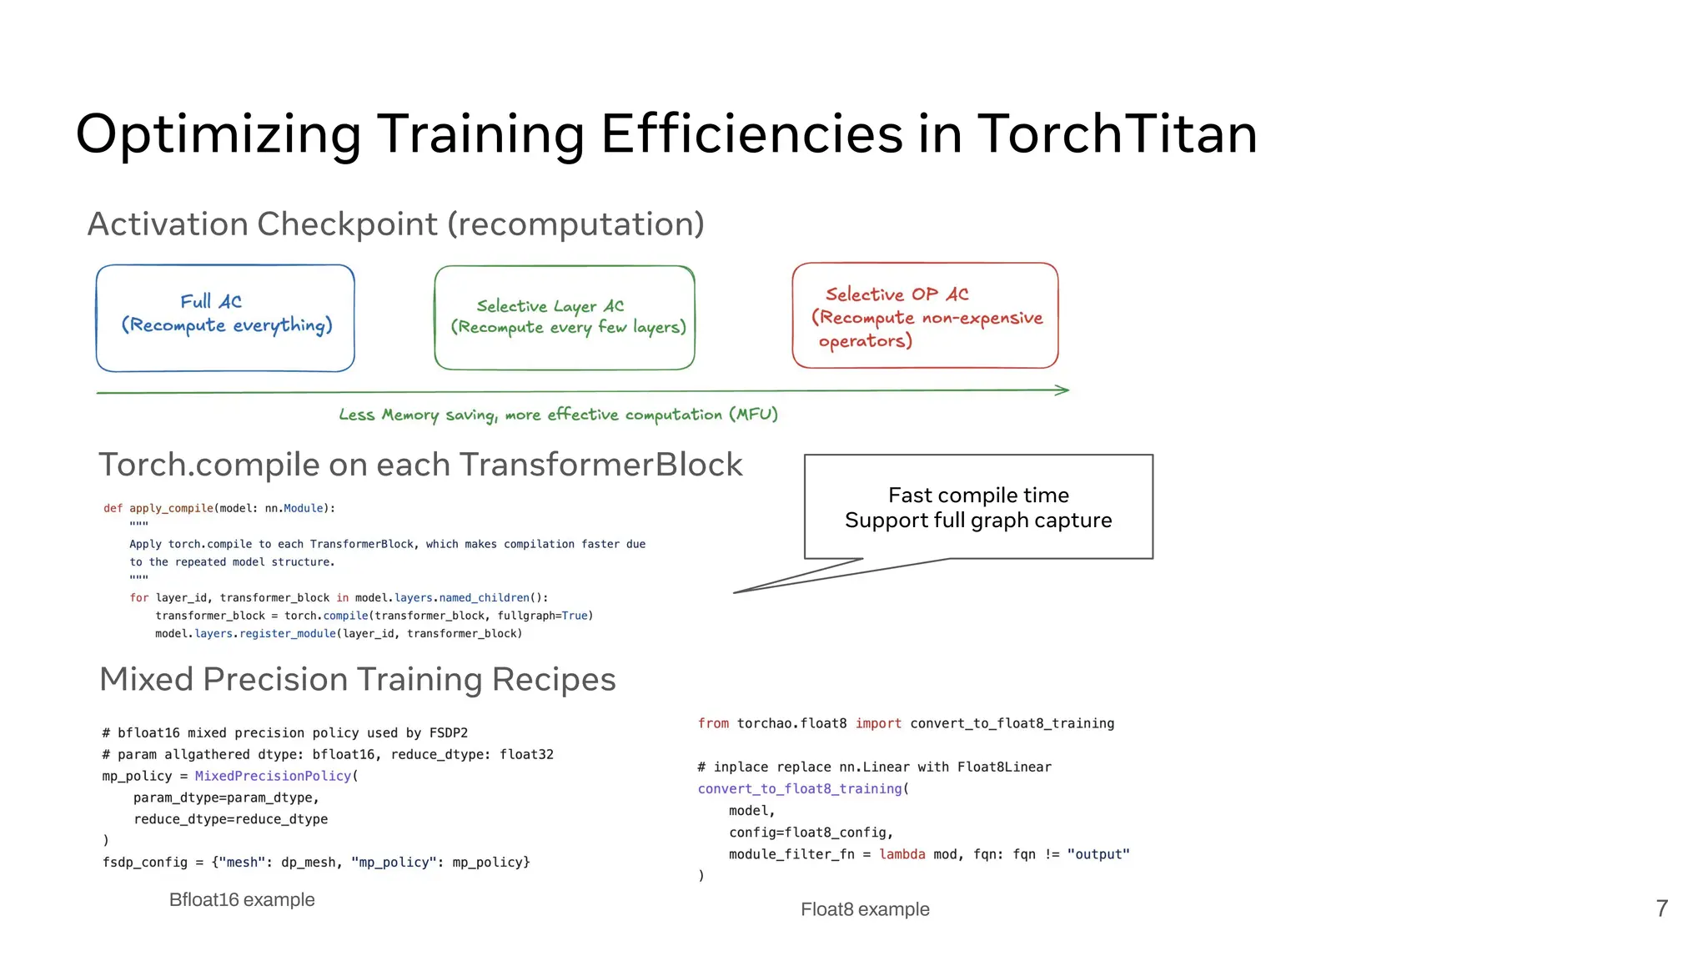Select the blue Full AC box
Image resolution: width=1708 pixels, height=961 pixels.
(225, 318)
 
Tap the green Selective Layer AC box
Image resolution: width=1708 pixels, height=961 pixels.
(565, 318)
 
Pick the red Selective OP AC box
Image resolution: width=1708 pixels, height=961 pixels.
(925, 316)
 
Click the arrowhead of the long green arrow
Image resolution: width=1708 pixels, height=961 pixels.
(1062, 390)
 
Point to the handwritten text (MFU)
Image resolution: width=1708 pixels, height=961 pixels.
(753, 415)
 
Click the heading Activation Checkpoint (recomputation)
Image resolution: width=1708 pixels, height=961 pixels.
(395, 224)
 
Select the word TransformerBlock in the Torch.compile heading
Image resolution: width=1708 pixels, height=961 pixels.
(600, 465)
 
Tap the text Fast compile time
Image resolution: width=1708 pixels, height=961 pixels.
(978, 495)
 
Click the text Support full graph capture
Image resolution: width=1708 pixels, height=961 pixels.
(978, 521)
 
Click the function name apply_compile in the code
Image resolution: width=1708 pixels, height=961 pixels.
(171, 508)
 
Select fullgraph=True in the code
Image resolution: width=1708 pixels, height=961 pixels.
(543, 616)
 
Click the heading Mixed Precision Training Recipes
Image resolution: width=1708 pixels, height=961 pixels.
(357, 679)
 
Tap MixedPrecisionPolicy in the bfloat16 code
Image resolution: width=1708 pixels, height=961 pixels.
(273, 776)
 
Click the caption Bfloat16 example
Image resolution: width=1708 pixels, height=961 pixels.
(242, 899)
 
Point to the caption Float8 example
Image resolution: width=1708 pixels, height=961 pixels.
(865, 909)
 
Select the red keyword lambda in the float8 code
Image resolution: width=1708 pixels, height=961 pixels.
(902, 854)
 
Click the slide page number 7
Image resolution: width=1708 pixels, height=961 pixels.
(1661, 908)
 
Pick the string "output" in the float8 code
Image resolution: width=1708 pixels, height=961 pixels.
(1098, 854)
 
